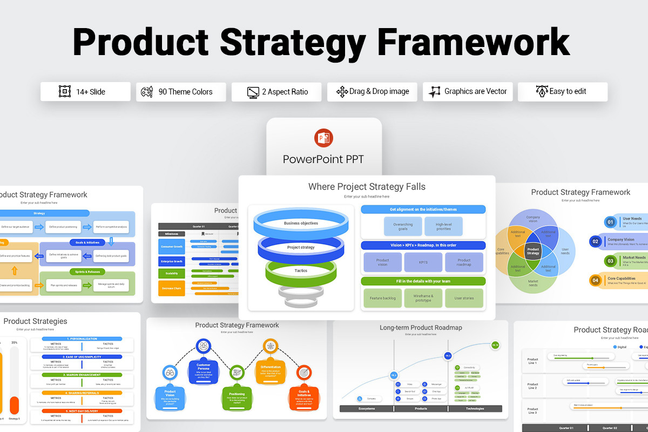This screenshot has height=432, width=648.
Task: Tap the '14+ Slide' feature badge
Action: (85, 92)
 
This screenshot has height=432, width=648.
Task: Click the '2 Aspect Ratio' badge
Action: (276, 92)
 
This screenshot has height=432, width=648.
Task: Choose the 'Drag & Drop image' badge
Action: (372, 92)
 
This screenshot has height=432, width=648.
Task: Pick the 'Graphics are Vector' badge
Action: (468, 92)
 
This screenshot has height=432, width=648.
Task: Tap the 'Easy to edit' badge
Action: (562, 92)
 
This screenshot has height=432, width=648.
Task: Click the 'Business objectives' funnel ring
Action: (301, 223)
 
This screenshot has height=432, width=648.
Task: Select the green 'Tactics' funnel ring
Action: (301, 271)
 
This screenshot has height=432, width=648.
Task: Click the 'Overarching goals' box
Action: (403, 227)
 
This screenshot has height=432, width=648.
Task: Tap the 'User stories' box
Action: (464, 298)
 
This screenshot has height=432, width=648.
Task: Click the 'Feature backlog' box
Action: (382, 298)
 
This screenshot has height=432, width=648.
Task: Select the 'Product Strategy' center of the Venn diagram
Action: (533, 251)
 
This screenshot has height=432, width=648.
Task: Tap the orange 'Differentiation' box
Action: (270, 370)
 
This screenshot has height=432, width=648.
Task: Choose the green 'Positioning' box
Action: (237, 397)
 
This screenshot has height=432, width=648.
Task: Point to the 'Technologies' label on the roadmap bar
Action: (475, 409)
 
